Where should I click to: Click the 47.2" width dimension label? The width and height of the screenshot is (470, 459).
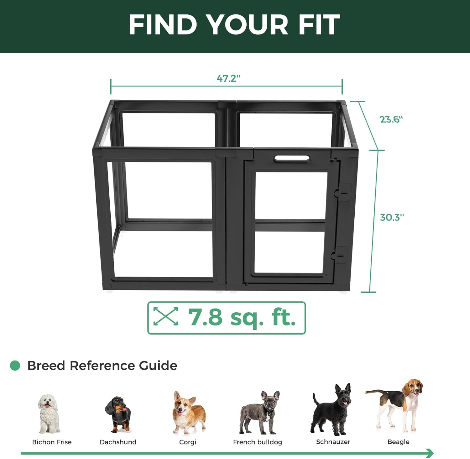(228, 78)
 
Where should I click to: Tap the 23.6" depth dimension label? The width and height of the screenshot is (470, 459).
(391, 119)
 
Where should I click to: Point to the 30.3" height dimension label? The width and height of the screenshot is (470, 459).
(392, 217)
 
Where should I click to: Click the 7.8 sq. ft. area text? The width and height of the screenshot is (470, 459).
(242, 318)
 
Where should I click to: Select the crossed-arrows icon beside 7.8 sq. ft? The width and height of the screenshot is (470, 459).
(165, 316)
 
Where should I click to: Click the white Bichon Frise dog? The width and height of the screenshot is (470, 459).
(48, 414)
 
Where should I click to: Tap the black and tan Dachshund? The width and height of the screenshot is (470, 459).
(118, 414)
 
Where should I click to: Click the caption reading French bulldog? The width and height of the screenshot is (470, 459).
(258, 442)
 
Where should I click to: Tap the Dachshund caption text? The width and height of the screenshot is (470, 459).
(118, 442)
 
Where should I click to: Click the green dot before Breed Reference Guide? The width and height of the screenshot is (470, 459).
(15, 366)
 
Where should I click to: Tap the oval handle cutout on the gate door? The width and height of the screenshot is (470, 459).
(292, 159)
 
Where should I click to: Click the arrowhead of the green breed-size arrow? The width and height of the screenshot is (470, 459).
(430, 453)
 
